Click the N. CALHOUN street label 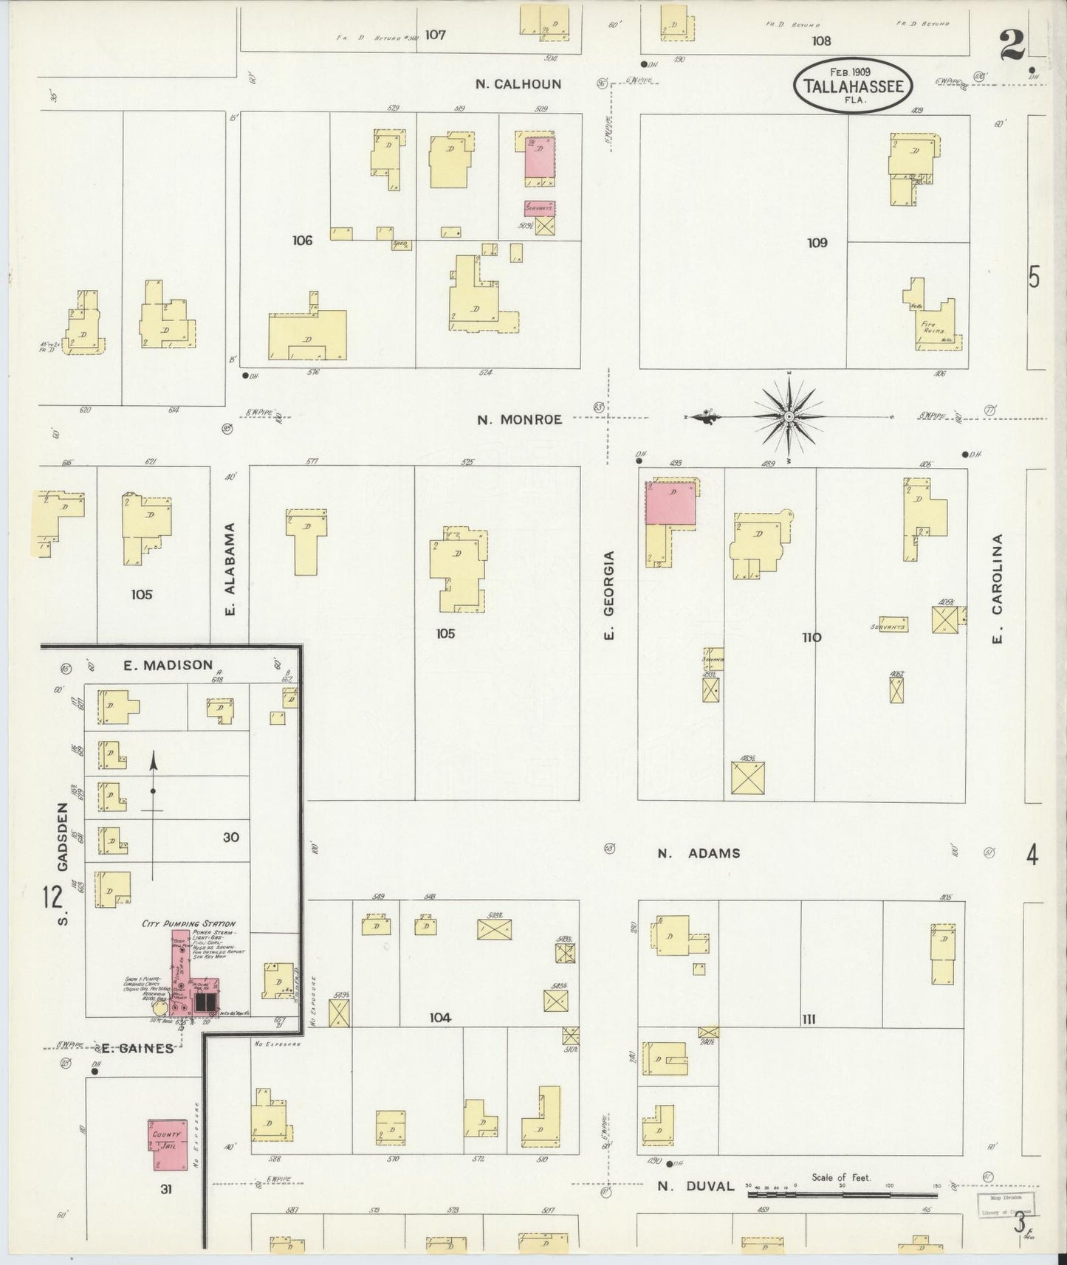pos(518,84)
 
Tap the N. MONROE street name pos(519,420)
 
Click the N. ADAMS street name pos(699,853)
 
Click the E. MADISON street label pos(168,665)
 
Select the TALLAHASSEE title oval pos(853,86)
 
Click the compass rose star pos(789,417)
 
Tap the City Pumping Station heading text pos(188,923)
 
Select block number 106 pos(302,240)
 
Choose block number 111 pos(809,1019)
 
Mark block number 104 pos(440,1018)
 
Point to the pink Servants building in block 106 pos(540,208)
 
